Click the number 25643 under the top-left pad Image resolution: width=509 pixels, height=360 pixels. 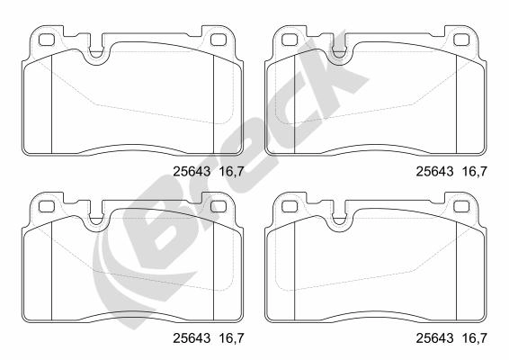click(192, 172)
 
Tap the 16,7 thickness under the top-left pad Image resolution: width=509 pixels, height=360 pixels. click(232, 172)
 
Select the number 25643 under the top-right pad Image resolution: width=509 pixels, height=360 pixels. click(434, 172)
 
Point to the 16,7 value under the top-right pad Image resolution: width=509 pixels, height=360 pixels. click(475, 172)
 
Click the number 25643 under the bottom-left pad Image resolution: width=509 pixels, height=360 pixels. click(192, 338)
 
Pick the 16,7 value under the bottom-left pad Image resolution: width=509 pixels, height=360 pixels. click(232, 338)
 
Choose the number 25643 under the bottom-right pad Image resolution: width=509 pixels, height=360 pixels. click(434, 338)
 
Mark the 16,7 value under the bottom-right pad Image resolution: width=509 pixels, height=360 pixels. click(475, 338)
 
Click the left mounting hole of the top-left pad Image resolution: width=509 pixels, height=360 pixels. click(46, 40)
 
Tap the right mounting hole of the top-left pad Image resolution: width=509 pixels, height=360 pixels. click(219, 40)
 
